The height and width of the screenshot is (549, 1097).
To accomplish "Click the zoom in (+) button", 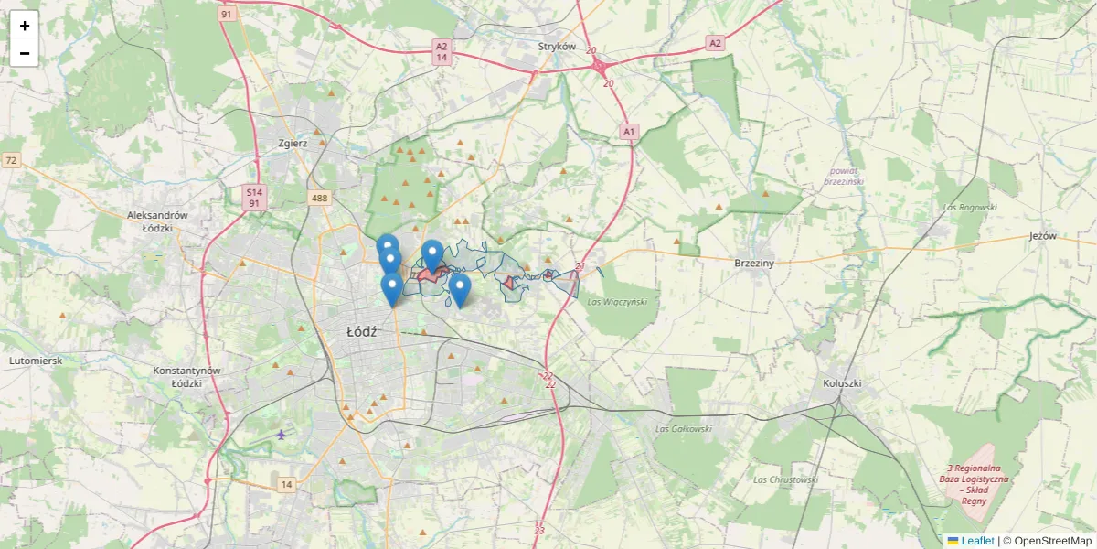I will [x=24, y=26].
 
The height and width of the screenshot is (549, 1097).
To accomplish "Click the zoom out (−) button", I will [x=24, y=53].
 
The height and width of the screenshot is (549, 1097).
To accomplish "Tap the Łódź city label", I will [x=363, y=332].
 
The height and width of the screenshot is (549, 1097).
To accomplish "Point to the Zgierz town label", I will [x=293, y=143].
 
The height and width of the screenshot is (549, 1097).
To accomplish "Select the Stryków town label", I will [x=557, y=46].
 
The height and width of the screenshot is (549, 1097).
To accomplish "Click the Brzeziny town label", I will [x=754, y=263].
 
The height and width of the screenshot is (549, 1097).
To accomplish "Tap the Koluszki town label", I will [x=842, y=383].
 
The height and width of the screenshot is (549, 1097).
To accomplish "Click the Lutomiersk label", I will [x=36, y=361].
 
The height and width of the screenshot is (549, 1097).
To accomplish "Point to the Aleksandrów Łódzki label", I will [x=157, y=221].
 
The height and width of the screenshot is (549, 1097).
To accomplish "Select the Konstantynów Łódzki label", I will [x=186, y=377].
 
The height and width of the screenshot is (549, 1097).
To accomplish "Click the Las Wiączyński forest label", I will [x=617, y=302].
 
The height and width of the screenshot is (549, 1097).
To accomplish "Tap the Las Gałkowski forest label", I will [x=683, y=428].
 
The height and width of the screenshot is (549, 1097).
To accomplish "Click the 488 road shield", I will [x=319, y=198].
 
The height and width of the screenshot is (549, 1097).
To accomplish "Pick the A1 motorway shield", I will [x=628, y=132].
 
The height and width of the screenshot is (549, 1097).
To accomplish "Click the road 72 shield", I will [x=11, y=161].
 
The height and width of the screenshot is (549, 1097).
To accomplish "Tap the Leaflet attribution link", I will [x=976, y=541].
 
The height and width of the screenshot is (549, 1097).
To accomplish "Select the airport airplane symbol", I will [x=281, y=434].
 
